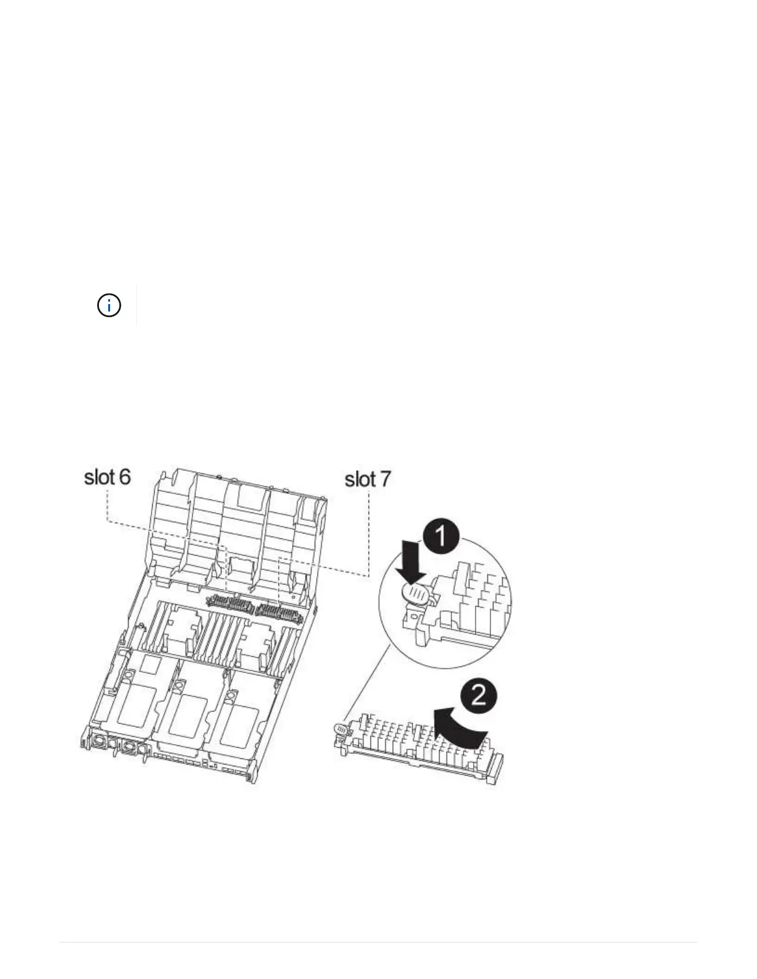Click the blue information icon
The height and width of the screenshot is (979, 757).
109,305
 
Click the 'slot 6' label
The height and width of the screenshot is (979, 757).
107,477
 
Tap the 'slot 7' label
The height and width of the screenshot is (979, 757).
367,479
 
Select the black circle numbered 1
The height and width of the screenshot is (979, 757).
440,536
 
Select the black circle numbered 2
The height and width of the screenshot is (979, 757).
478,697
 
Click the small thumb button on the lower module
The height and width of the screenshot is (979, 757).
340,731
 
